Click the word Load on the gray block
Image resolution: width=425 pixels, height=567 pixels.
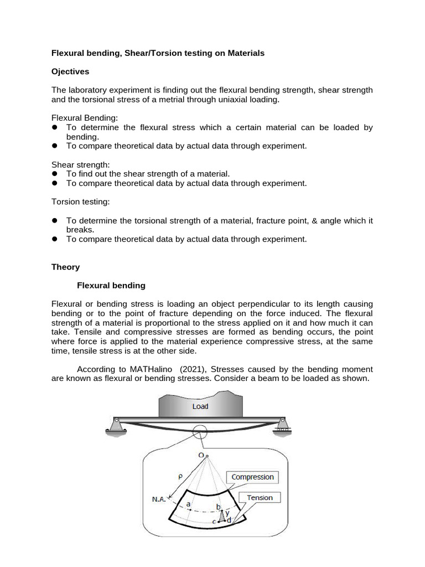(x=200, y=406)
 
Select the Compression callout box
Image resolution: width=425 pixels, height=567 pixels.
(x=252, y=477)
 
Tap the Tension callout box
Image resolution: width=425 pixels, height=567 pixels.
(x=260, y=497)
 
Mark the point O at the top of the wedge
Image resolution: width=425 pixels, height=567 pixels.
(x=204, y=455)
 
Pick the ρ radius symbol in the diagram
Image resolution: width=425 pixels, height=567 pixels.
(x=180, y=475)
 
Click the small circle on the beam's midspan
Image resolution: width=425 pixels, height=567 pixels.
(x=200, y=432)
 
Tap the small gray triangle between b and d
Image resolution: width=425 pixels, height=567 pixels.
(x=222, y=517)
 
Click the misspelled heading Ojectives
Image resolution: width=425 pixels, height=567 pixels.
(x=70, y=71)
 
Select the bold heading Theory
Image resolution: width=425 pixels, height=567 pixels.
(x=65, y=267)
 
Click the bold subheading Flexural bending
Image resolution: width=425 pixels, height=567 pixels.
(x=111, y=286)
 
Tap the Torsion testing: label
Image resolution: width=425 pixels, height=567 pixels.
(x=81, y=202)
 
